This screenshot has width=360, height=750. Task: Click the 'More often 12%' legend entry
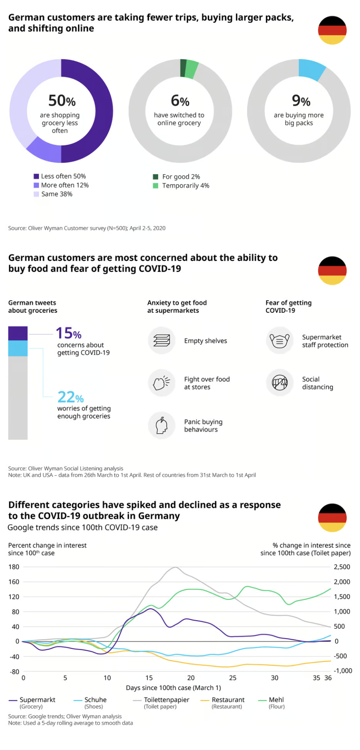coord(61,185)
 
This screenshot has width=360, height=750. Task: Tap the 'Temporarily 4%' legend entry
coord(181,186)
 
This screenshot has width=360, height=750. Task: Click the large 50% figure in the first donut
coord(62,100)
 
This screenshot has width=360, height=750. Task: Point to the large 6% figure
coord(180,100)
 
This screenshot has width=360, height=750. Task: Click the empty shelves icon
coord(162,341)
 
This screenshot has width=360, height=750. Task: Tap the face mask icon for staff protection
coord(280,341)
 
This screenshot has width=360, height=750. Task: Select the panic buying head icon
coord(162,425)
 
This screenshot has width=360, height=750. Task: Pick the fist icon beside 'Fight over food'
coord(162,383)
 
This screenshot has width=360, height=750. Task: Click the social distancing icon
coord(280,383)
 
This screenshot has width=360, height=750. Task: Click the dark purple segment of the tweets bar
coord(18,333)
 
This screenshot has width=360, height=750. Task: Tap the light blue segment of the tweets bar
coord(18,348)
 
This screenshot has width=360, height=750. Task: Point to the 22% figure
coord(70,397)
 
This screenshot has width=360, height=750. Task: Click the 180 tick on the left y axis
coord(14,567)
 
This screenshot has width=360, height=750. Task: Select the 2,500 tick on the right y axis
coord(342,567)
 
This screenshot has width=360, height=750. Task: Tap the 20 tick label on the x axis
coord(191,678)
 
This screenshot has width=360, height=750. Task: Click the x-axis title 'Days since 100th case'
coord(173,688)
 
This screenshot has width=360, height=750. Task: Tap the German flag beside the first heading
coord(332,30)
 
